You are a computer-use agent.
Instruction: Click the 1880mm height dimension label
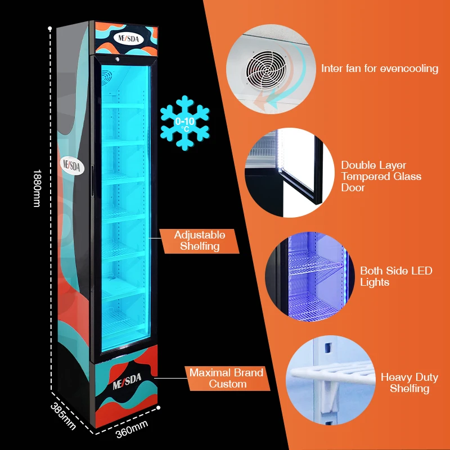pos(37,188)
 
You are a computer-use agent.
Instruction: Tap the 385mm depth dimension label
pos(63,415)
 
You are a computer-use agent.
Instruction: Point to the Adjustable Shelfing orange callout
pos(199,241)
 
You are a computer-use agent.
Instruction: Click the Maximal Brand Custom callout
pos(227,379)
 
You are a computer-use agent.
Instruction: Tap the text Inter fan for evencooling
pos(380,69)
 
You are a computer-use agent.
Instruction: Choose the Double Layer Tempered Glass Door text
pos(381,177)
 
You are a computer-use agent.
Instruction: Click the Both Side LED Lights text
pos(396,276)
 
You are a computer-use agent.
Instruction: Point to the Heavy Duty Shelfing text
pos(409,382)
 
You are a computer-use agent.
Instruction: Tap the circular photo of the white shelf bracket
pos(330,380)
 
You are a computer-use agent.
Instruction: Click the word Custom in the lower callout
pos(228,384)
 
